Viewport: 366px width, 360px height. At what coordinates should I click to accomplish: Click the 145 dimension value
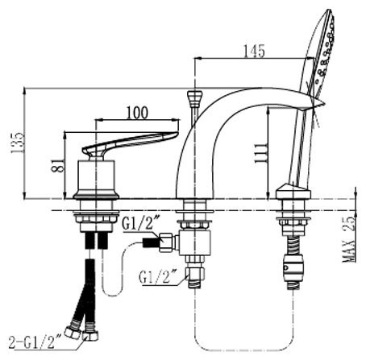[x=254, y=51]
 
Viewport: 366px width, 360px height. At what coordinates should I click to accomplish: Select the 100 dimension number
[x=137, y=113]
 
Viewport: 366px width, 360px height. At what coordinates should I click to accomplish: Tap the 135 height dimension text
[x=18, y=143]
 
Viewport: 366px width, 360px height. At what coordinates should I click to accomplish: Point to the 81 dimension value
[x=58, y=164]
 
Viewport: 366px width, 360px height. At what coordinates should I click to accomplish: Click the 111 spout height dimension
[x=261, y=154]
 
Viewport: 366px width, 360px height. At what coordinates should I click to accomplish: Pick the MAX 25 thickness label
[x=348, y=238]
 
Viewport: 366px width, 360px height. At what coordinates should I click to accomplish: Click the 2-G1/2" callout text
[x=35, y=342]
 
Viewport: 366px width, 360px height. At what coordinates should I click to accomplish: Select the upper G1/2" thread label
[x=141, y=223]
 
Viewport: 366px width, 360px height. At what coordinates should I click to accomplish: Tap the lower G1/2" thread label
[x=158, y=276]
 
